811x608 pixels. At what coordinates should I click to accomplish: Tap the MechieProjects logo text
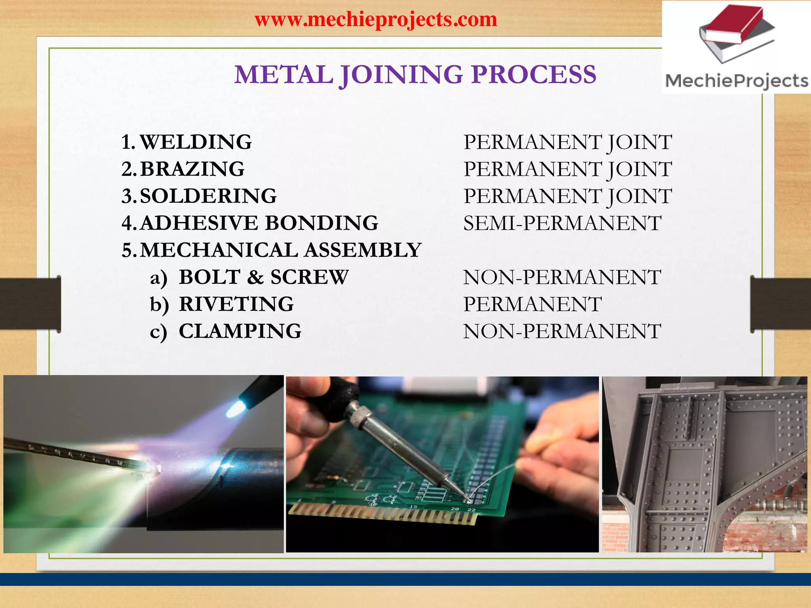click(x=737, y=81)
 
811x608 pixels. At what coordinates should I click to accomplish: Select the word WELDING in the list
click(x=196, y=142)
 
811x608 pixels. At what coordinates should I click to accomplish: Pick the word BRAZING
click(x=192, y=169)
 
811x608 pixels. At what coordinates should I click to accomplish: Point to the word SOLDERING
click(x=208, y=196)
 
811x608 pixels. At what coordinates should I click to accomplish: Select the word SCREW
click(x=309, y=277)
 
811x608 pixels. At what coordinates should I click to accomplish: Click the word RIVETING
click(x=236, y=304)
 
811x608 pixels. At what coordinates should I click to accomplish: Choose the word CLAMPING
click(x=240, y=331)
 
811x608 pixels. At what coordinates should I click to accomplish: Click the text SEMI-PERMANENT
click(x=562, y=223)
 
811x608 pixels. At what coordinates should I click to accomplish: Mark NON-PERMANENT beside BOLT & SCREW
click(x=562, y=277)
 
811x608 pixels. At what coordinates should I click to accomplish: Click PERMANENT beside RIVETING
click(x=532, y=304)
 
